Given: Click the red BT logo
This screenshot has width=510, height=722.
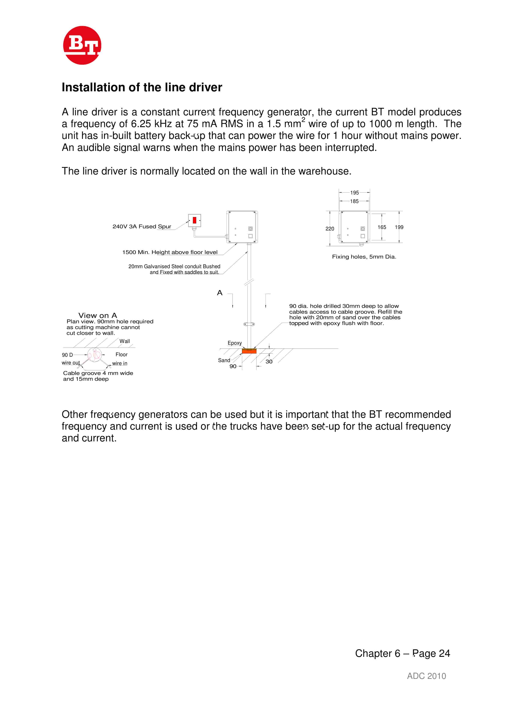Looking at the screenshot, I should tap(82, 45).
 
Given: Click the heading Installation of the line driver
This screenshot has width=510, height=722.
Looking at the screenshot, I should tap(142, 87).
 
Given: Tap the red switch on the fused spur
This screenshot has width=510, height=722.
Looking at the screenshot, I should tap(194, 220).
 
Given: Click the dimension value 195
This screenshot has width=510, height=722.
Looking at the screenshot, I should tap(354, 193).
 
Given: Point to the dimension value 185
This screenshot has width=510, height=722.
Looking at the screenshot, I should tap(354, 201).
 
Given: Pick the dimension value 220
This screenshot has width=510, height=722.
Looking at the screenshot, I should tap(330, 229).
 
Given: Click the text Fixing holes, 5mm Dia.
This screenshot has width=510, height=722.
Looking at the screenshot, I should tap(364, 257).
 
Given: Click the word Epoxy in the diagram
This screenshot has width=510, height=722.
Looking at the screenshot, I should tap(235, 343).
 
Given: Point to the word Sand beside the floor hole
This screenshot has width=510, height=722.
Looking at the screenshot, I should tap(224, 360).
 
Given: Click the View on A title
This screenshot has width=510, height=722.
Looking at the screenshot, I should tap(97, 315).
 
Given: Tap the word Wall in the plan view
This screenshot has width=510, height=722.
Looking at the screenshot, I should tap(124, 341).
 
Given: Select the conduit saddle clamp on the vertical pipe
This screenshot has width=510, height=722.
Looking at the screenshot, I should tap(249, 324).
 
